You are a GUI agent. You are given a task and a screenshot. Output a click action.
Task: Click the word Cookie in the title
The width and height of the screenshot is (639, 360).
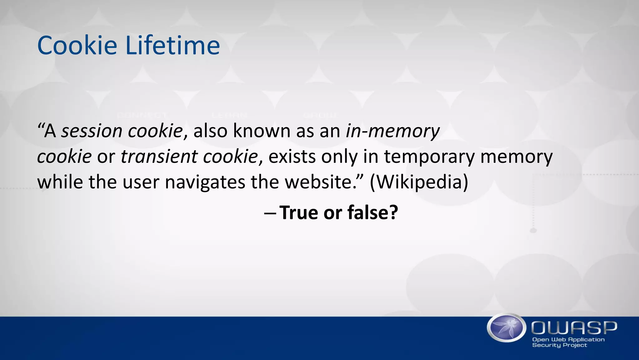(77, 46)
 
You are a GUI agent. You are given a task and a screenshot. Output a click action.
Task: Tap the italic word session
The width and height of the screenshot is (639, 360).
(91, 131)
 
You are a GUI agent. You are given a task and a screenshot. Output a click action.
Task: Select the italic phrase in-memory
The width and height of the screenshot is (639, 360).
(393, 131)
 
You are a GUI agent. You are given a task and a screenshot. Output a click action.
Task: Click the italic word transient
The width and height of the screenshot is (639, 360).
(159, 156)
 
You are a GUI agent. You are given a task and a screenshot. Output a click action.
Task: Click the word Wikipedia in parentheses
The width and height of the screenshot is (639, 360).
(419, 182)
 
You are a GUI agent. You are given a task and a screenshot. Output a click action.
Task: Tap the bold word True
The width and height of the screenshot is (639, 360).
(299, 213)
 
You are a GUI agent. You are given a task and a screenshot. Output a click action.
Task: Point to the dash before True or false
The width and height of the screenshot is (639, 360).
(270, 213)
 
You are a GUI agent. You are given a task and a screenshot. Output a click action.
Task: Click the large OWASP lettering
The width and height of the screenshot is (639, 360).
(574, 328)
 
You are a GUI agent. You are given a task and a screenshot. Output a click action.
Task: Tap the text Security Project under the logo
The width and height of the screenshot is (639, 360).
(559, 345)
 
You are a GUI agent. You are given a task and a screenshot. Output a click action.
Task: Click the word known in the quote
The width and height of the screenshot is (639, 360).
(261, 131)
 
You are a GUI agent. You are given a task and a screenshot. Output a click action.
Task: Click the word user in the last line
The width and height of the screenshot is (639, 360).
(141, 182)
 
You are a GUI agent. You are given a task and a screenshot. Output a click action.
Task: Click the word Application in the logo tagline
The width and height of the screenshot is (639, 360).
(587, 340)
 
